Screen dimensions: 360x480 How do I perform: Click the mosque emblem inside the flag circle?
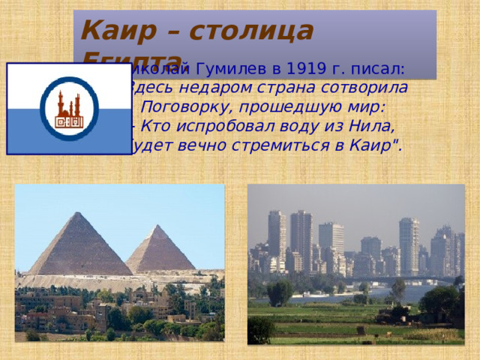click(68, 109)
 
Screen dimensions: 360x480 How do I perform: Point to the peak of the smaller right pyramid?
click(159, 226)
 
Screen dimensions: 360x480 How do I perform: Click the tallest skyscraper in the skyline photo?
click(301, 240)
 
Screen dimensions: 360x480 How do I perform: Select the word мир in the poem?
click(365, 105)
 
